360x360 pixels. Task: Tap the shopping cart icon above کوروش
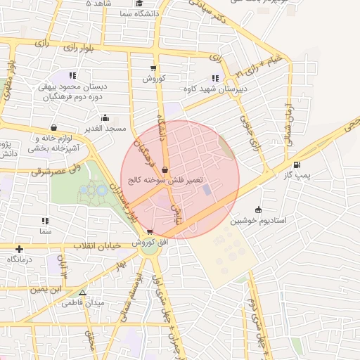pos(153,68)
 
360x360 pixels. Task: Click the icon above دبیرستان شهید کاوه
pos(214,79)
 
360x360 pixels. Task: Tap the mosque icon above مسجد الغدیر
pos(105,118)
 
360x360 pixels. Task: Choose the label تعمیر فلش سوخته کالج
pos(164,180)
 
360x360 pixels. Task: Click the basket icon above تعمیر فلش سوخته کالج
pos(164,169)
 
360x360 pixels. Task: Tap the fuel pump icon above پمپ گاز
pos(305,165)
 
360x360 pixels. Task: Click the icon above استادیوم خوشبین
pos(259,210)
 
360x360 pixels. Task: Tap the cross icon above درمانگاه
pos(19,249)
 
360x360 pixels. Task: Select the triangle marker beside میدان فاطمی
pos(82,292)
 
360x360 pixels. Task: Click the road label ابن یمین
pos(45,288)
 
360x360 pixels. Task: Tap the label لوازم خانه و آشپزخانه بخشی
pos(59,143)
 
